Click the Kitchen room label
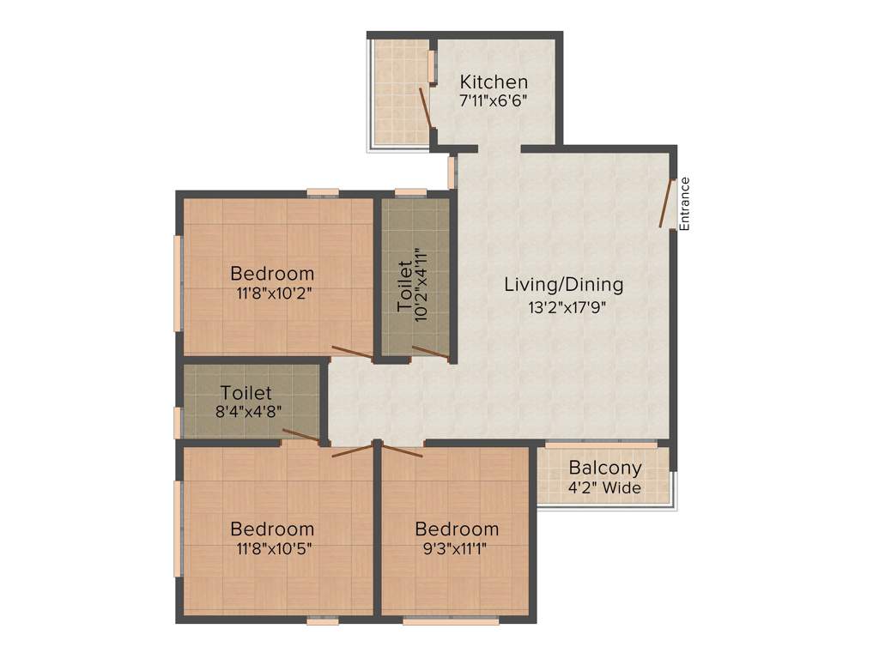(494, 82)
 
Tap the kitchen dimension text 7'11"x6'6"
(494, 100)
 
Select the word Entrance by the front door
(685, 203)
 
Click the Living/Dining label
(563, 284)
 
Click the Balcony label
(605, 469)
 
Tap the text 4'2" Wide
(605, 488)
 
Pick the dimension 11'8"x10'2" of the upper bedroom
(272, 293)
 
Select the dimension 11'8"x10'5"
(272, 548)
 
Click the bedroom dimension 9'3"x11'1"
(456, 548)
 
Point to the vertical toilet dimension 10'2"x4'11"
(421, 285)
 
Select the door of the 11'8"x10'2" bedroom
(352, 351)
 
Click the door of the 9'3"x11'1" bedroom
(400, 450)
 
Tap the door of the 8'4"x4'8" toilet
(302, 435)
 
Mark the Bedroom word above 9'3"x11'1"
(456, 529)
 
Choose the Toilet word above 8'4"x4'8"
(246, 394)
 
